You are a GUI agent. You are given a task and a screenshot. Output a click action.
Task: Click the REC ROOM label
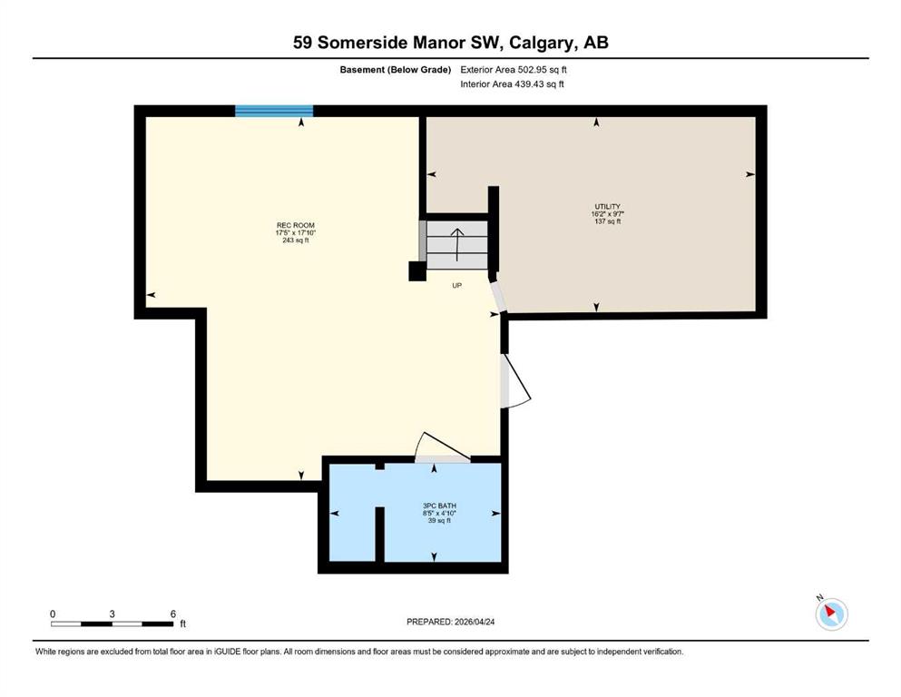point(296,225)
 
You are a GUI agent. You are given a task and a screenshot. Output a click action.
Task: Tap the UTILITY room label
point(607,206)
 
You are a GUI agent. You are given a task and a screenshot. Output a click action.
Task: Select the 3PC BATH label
point(439,506)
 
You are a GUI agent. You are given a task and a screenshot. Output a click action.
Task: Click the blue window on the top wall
point(274,111)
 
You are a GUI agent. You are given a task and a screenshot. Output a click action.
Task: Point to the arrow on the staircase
point(456,244)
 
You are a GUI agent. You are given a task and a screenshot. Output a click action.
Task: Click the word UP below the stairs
point(456,286)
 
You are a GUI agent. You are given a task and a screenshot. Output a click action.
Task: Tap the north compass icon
point(831,614)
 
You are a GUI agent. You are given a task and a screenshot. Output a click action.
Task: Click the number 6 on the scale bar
point(173,614)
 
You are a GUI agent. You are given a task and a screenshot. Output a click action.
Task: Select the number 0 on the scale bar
point(53,614)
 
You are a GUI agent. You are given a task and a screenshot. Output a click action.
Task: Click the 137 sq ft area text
point(607,221)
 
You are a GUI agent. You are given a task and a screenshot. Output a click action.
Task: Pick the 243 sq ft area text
point(296,241)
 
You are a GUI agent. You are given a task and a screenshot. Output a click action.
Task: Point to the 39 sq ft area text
point(439,521)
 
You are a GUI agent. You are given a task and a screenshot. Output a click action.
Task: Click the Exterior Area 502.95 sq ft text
point(514,70)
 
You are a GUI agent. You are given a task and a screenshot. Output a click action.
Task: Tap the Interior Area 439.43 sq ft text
point(512,83)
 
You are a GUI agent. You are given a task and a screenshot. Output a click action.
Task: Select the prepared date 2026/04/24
point(474,622)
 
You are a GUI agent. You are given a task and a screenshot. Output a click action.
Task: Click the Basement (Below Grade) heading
point(396,70)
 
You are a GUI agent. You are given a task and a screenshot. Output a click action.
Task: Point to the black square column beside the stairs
point(417,271)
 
